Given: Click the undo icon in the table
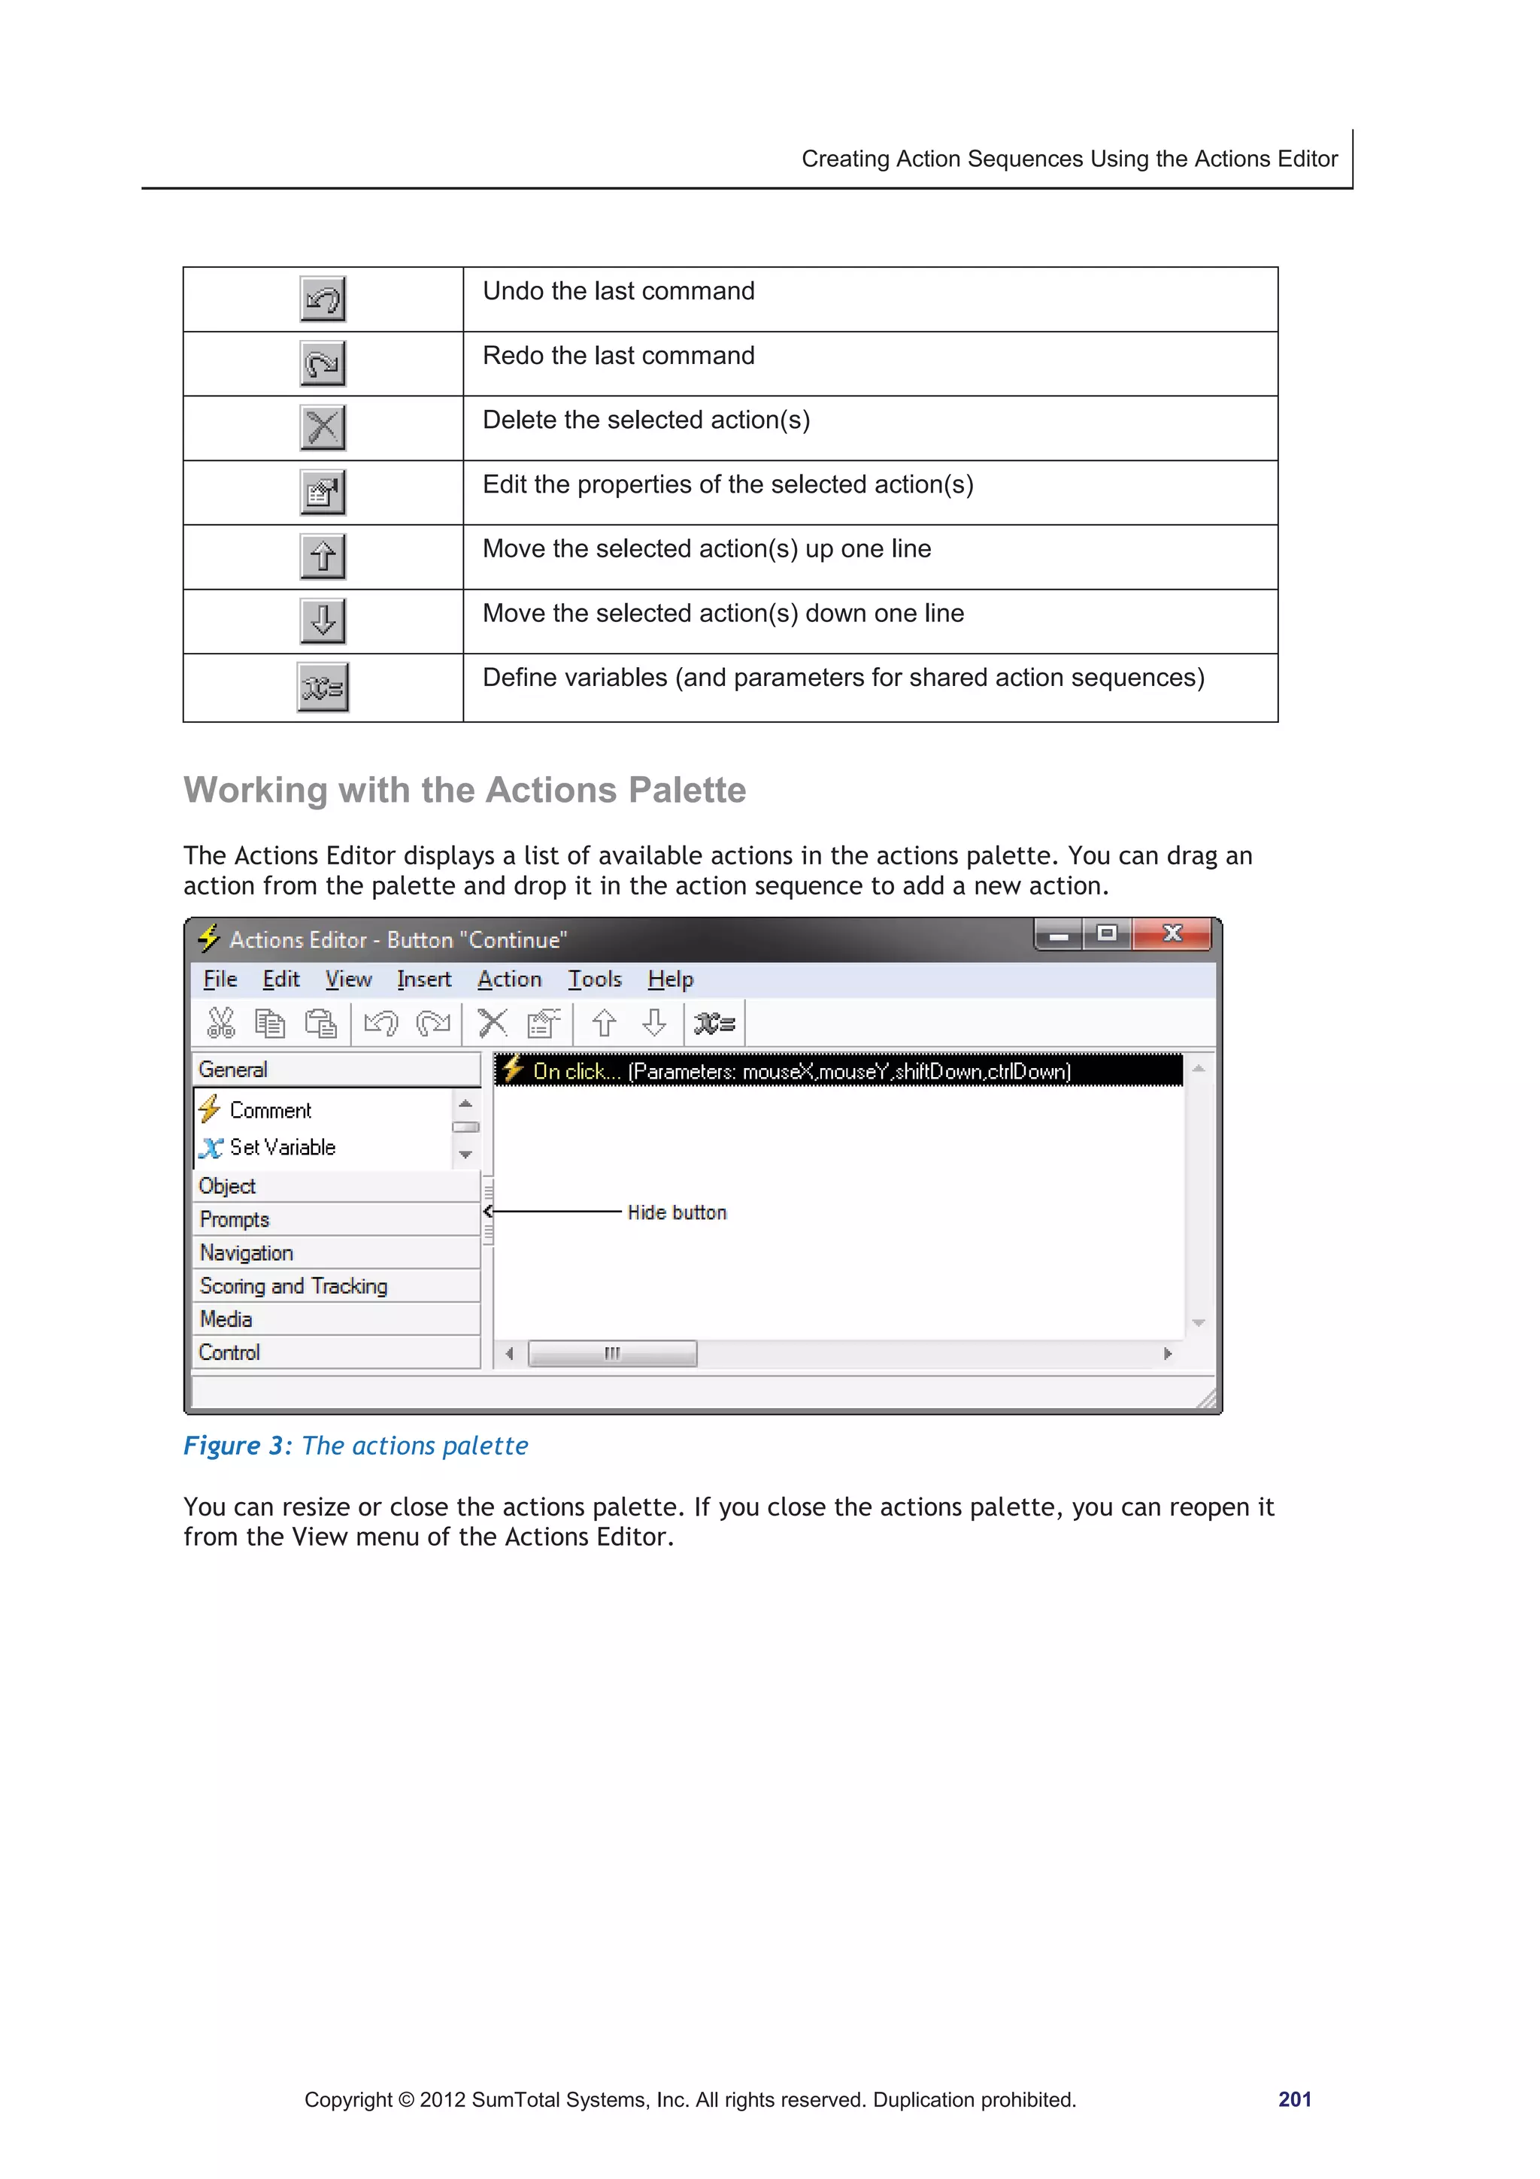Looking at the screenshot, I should click(x=323, y=299).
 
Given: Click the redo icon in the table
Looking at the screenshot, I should click(x=323, y=363).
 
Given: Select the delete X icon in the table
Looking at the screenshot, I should click(x=323, y=428).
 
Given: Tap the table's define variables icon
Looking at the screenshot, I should click(x=323, y=687).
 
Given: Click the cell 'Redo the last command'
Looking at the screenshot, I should click(x=619, y=356).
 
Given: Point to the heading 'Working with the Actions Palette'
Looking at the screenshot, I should click(x=464, y=790).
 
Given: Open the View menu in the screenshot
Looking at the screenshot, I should click(x=348, y=979).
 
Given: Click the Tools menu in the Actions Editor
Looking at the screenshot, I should click(x=595, y=979).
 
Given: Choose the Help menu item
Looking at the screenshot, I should click(x=670, y=979).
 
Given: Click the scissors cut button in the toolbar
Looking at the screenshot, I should click(x=220, y=1023).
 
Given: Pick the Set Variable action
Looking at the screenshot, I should click(x=282, y=1147).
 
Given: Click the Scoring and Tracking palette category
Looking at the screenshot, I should click(x=293, y=1286).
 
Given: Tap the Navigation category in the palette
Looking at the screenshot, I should click(x=247, y=1253).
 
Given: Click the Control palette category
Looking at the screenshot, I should click(x=229, y=1352).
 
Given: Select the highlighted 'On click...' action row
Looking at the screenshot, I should click(x=802, y=1070).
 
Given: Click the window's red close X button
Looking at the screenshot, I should click(x=1173, y=934).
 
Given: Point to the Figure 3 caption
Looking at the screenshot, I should click(x=356, y=1446).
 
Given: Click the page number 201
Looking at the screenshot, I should click(x=1293, y=2099).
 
